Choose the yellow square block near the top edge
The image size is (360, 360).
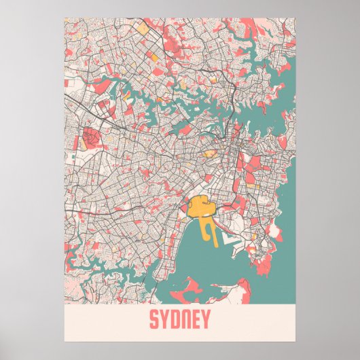pos(143,30)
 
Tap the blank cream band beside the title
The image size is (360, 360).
pos(102,319)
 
